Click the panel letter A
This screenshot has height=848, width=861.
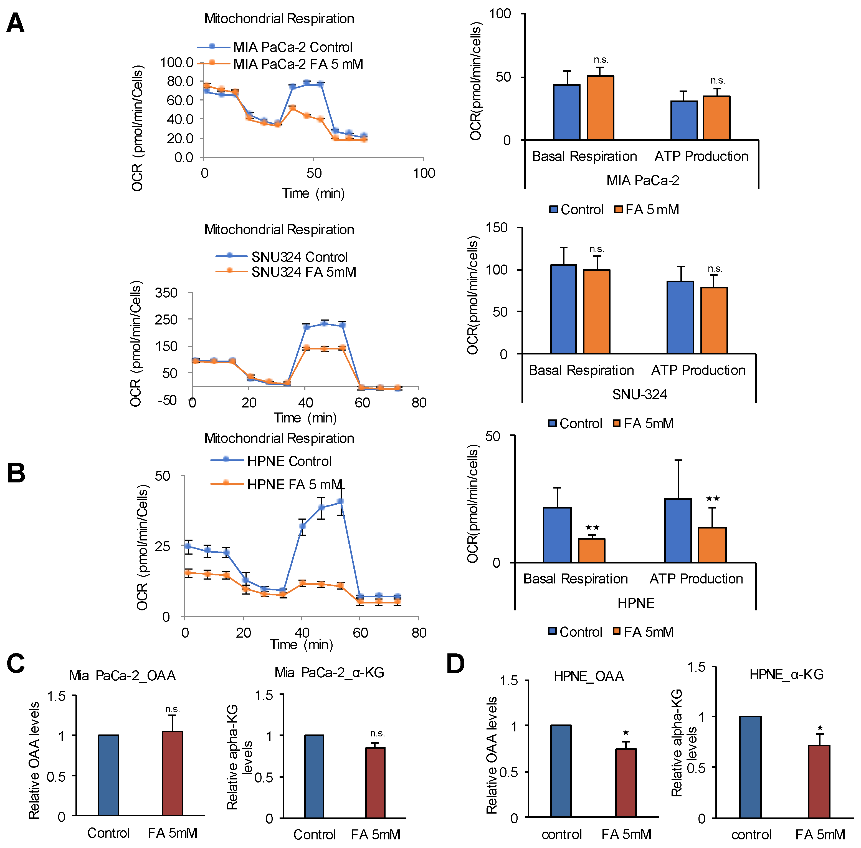tap(15, 23)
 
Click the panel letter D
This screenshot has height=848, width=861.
tap(455, 664)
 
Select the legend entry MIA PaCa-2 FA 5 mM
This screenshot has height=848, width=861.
tap(298, 64)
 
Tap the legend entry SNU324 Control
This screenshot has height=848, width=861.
tap(299, 257)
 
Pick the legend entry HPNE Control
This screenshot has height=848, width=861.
tap(289, 461)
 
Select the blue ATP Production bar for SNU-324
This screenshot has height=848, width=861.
tap(680, 318)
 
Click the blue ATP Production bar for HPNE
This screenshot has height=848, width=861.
tap(678, 531)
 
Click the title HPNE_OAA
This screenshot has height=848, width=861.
tap(588, 676)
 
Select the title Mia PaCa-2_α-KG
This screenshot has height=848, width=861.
tap(329, 673)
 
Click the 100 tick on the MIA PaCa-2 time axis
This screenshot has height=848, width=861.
tap(424, 173)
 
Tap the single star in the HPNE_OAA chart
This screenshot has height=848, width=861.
tap(626, 733)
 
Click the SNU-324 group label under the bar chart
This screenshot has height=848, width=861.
tap(639, 394)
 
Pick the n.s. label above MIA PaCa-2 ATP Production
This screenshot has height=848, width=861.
tap(718, 80)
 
